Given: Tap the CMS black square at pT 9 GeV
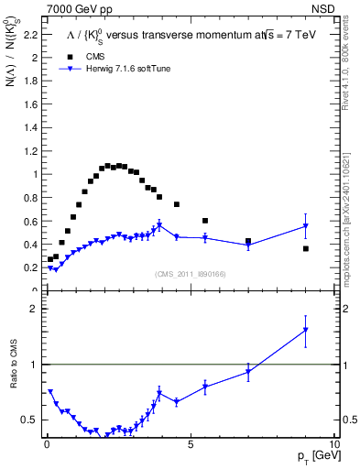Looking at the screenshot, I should [x=306, y=248].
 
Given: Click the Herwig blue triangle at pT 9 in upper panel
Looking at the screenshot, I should [x=306, y=225].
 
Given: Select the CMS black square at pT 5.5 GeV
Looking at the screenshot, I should [x=205, y=221].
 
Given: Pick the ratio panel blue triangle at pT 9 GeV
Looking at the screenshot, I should [x=306, y=330].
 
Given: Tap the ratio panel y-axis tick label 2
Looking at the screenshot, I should [x=34, y=309].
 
